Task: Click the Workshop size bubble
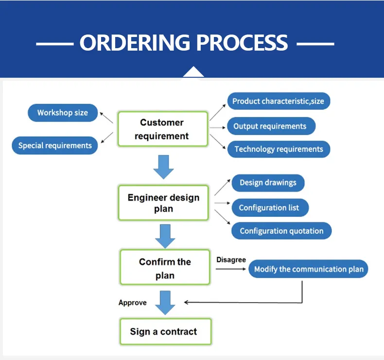coord(63,113)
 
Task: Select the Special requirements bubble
coord(55,145)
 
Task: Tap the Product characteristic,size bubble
coord(279,101)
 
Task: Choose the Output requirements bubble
coord(271,126)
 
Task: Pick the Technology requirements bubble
coord(279,149)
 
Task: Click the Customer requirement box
coord(162,129)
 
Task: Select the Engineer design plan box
coord(163,203)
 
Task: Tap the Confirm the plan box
coord(165,269)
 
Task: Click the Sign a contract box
coord(163,332)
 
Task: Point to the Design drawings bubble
coord(268,183)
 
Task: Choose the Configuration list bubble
coord(269,208)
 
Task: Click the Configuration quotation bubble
coord(281,231)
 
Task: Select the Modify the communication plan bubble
coord(308,269)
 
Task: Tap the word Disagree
coord(231,260)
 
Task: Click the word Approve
coord(132,303)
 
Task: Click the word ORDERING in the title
coord(135,43)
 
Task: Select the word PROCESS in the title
coord(242,43)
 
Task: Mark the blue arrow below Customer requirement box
coord(163,167)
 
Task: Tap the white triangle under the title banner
coord(193,72)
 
